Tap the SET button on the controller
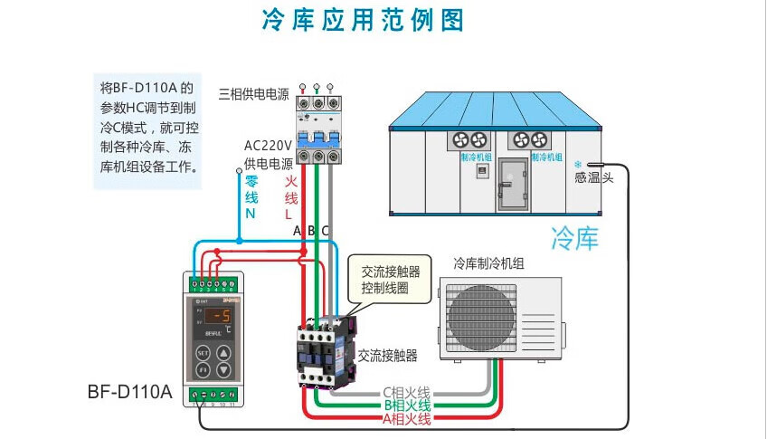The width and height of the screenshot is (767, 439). coord(204,352)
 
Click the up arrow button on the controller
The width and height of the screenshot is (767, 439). coord(223,352)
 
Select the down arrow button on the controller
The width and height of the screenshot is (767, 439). coord(223,370)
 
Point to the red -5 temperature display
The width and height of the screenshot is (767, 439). coord(217,316)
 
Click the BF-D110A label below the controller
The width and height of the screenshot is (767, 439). coord(129,393)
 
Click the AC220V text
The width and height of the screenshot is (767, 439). coord(268,146)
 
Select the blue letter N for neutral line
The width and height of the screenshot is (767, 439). coord(251,215)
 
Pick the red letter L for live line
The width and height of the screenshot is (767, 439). coord(289,215)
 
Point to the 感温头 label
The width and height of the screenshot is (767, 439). coord(593,178)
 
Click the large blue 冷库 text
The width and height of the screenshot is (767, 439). coord(575,238)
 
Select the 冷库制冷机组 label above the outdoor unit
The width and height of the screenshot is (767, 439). coord(488,264)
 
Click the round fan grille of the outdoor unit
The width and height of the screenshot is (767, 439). coord(479,319)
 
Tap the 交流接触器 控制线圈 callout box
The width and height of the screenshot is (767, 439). coord(391,280)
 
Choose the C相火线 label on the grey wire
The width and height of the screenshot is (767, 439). coord(406,392)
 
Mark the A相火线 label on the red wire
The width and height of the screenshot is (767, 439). coord(406,418)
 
